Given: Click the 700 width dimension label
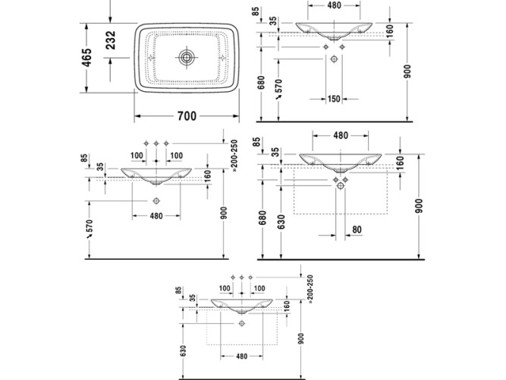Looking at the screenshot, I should (187, 116).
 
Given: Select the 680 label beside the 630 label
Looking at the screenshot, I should (262, 218).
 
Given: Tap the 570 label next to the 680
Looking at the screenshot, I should (279, 88).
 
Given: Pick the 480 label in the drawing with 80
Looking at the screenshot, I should (340, 135).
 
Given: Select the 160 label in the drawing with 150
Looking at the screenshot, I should (389, 31).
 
